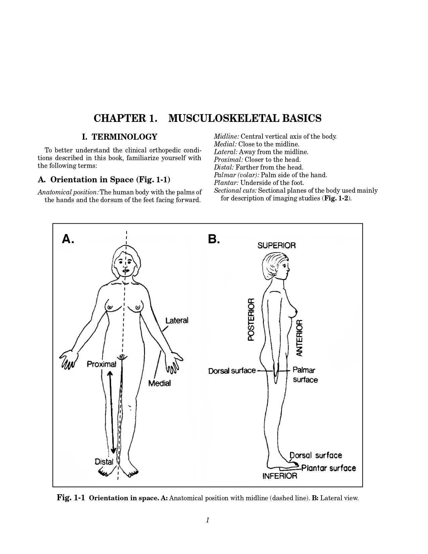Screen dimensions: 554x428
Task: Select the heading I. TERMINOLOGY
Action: [x=120, y=137]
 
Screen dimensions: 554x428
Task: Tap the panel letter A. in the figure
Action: [x=68, y=239]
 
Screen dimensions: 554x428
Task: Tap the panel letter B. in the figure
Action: [x=214, y=239]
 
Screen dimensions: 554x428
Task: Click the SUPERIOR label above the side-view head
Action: [x=277, y=245]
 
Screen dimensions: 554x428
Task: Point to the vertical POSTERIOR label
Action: [x=251, y=319]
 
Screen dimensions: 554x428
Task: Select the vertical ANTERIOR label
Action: [x=299, y=338]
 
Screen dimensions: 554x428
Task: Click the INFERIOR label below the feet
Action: [x=280, y=476]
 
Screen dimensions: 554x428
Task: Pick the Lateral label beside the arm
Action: [x=177, y=321]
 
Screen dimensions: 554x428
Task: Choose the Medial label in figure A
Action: [x=159, y=383]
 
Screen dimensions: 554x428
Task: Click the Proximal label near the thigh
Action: [x=101, y=364]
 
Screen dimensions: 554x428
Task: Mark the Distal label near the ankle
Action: [x=104, y=462]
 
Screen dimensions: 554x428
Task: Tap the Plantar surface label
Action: [x=329, y=468]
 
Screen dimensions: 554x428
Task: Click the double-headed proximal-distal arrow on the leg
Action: [x=111, y=413]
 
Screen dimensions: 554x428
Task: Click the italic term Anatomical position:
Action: [x=68, y=192]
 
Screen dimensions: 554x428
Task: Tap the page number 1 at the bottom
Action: [x=207, y=520]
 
